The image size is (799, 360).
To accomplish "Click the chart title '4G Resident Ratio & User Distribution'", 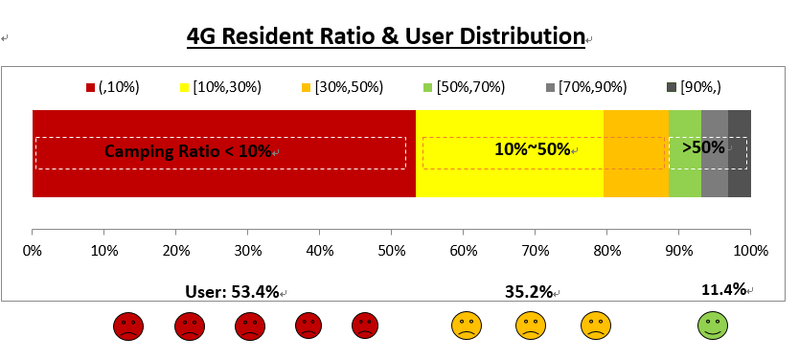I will tap(386, 37).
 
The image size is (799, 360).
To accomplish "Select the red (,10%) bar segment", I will tap(223, 182).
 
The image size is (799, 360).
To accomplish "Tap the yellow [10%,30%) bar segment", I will tap(509, 182).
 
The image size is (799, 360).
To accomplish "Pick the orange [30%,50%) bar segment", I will tap(635, 182).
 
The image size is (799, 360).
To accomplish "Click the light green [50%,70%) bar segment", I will tap(684, 182).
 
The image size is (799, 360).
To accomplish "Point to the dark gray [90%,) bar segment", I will tap(739, 182).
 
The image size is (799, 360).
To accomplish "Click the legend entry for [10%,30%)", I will tap(219, 87).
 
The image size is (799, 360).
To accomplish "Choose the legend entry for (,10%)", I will tap(112, 87).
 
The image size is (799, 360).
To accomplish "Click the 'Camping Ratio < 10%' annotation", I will tap(189, 151).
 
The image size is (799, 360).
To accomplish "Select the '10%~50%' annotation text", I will tap(533, 149).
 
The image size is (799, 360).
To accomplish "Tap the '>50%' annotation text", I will tap(703, 147).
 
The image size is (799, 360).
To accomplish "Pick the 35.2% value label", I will tap(529, 292).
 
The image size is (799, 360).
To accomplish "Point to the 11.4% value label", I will tap(723, 288).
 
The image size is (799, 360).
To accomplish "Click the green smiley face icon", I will tap(711, 326).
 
